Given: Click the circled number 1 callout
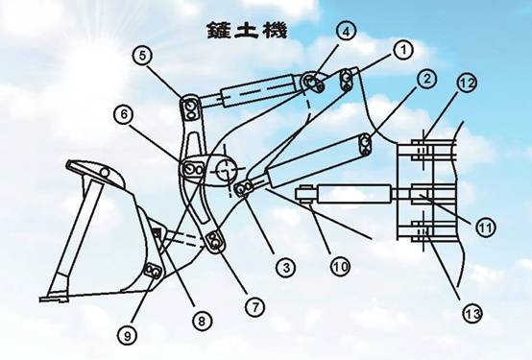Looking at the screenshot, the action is (x=403, y=50).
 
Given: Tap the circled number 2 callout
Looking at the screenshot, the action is (x=426, y=79).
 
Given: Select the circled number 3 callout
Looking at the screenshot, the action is (x=286, y=268).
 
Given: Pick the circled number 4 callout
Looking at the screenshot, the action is (x=346, y=32).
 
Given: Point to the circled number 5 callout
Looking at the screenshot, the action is (x=143, y=56).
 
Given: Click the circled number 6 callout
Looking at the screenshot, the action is (x=124, y=114).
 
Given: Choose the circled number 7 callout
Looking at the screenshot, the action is (x=254, y=307).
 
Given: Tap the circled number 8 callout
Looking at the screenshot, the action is (x=202, y=321).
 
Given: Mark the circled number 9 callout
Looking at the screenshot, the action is (x=128, y=336).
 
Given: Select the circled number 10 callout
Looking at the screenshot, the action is (x=340, y=266).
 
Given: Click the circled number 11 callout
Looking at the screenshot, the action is (x=486, y=227).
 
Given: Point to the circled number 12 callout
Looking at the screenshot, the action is (x=468, y=84).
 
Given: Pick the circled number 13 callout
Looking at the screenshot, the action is (x=472, y=314).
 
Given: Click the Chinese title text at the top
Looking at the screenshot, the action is (x=248, y=30).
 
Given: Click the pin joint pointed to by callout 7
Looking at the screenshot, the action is (x=215, y=242).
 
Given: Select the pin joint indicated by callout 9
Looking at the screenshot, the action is (x=153, y=271).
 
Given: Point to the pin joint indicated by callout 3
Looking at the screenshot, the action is (x=244, y=189).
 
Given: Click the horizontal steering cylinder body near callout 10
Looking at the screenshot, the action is (x=354, y=194).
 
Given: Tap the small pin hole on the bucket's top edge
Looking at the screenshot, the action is (x=106, y=173).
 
